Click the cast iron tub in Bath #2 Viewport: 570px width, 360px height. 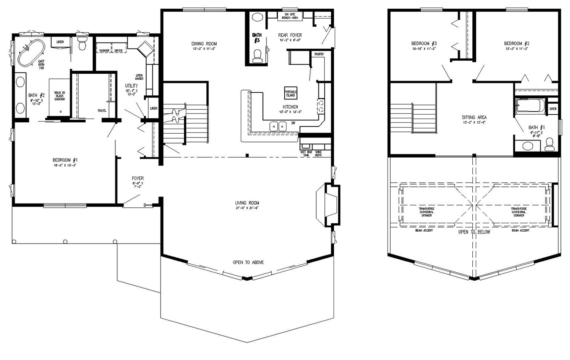[x=30, y=53]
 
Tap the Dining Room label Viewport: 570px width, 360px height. [x=204, y=44]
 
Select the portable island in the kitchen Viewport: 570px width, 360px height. [x=291, y=93]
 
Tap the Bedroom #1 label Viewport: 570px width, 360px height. [x=65, y=160]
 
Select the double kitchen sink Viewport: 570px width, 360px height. [x=278, y=126]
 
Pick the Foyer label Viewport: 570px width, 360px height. [x=138, y=178]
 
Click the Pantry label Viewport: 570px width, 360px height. [x=319, y=54]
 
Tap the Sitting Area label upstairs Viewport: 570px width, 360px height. [x=474, y=118]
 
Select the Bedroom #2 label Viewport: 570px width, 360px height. [x=517, y=43]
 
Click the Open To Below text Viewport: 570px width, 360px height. [x=474, y=232]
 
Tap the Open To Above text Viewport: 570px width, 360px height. [x=248, y=262]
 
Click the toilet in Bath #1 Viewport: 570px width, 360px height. [x=549, y=144]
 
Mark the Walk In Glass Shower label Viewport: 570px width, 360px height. [x=59, y=96]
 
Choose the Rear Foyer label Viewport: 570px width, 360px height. [x=290, y=35]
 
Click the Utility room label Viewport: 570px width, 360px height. [x=131, y=86]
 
